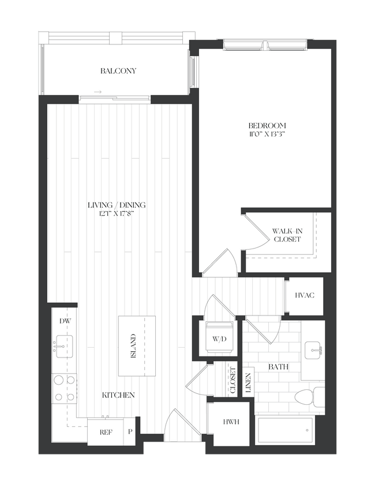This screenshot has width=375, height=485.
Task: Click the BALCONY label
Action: (x=118, y=71)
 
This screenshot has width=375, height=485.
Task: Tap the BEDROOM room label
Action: (x=267, y=125)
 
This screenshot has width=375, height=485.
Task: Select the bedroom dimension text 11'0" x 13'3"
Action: (x=267, y=134)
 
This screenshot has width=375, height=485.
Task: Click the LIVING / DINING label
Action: (x=117, y=205)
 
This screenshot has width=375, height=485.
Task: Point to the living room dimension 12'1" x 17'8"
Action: (x=117, y=213)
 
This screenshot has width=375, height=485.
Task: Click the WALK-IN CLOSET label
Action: (x=287, y=235)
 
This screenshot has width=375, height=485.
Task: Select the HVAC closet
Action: (x=304, y=296)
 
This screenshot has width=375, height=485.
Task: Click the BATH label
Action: (x=278, y=367)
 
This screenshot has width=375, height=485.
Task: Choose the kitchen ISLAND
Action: (x=133, y=346)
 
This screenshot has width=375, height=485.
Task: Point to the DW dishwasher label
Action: (x=63, y=321)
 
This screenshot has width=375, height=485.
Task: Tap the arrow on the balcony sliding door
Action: (x=98, y=92)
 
